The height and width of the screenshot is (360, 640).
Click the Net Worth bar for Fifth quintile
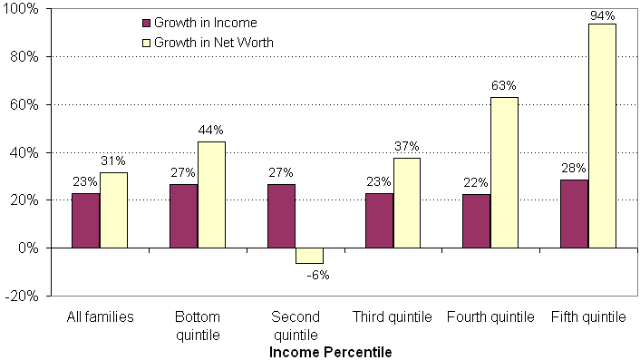click(602, 136)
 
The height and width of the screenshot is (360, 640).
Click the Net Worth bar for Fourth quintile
click(504, 172)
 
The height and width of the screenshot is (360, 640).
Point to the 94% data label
click(602, 15)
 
